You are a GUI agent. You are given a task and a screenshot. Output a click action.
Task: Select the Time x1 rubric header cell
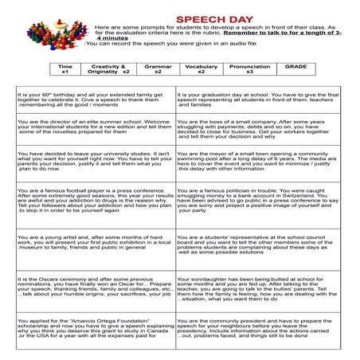point(65,70)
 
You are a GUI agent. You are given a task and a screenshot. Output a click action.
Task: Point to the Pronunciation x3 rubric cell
point(250,70)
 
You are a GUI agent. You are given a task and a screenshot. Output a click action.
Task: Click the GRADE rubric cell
point(296,70)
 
